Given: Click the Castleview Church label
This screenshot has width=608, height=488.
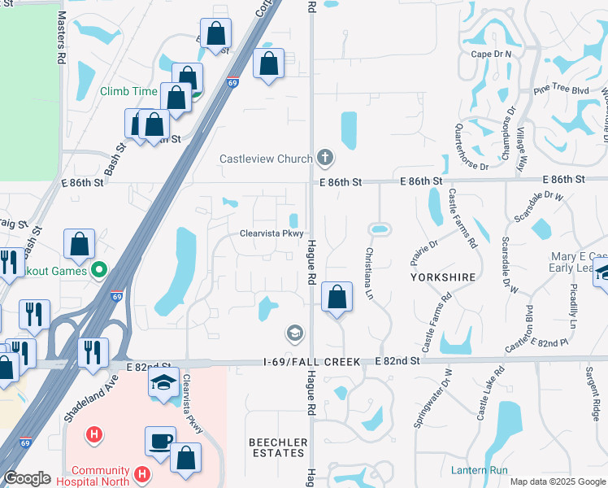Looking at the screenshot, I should (x=266, y=159).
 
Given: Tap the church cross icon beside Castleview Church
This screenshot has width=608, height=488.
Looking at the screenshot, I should (x=324, y=157).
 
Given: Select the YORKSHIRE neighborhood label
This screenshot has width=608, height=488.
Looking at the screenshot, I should (x=442, y=277).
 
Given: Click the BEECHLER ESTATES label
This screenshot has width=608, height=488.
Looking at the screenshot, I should (x=278, y=448).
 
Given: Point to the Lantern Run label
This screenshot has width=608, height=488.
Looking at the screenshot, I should (x=480, y=470).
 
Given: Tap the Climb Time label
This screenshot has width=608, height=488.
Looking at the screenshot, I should (x=128, y=91).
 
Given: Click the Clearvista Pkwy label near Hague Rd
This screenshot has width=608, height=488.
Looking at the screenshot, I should (x=271, y=233).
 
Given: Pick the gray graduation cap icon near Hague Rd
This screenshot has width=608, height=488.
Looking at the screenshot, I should (x=294, y=333).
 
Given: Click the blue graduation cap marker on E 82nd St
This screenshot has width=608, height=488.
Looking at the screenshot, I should (x=164, y=384).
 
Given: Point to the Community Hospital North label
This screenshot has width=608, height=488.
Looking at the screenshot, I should (x=99, y=477).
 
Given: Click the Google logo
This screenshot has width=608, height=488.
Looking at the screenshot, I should (x=28, y=478).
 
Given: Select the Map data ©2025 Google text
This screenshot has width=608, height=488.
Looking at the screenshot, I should (x=557, y=481).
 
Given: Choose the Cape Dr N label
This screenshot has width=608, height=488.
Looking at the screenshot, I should (x=492, y=54).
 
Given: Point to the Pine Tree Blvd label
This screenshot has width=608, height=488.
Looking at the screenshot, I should (x=561, y=90).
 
